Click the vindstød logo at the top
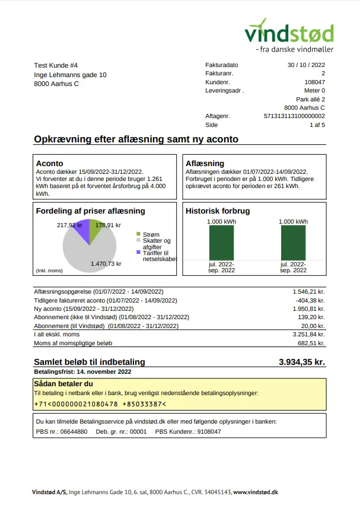point(289,32)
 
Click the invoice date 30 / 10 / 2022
point(306,65)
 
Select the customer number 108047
point(314,82)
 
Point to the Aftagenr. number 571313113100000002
point(294,116)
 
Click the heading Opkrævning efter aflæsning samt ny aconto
point(136,139)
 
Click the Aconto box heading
point(50,163)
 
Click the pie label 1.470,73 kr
point(106,263)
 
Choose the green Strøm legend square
point(138,235)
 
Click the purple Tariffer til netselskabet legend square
point(138,252)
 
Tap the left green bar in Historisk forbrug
point(221,243)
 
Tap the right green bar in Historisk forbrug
point(293,243)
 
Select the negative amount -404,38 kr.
point(310,300)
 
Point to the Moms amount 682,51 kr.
point(310,343)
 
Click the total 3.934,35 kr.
point(302,362)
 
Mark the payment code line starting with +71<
point(100,404)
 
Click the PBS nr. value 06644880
point(75,431)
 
